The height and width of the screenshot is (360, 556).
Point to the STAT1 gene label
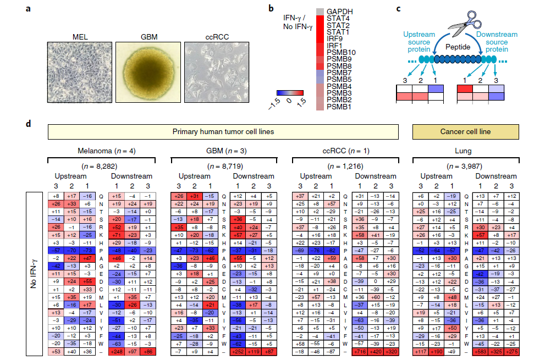339,32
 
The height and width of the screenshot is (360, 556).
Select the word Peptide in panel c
457,47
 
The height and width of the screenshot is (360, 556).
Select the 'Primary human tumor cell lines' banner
223,132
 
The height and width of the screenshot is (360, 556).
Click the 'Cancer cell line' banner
465,132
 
